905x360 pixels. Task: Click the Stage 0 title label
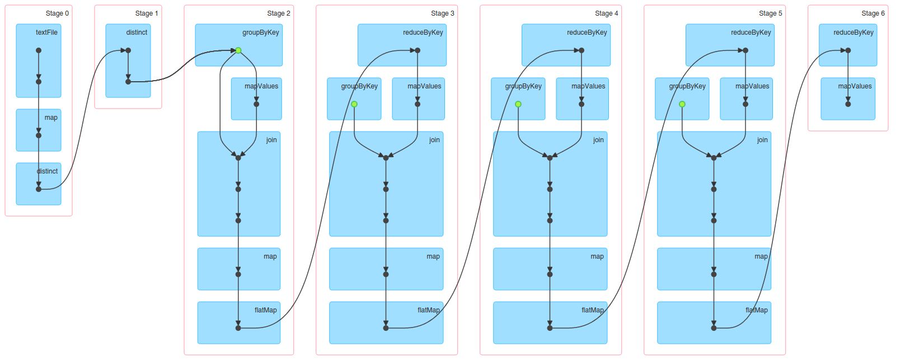(57, 13)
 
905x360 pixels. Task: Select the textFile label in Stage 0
(46, 32)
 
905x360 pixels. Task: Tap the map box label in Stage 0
(51, 118)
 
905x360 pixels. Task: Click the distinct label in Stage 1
(137, 32)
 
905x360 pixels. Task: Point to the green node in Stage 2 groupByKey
(238, 50)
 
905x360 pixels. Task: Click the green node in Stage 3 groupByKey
(354, 104)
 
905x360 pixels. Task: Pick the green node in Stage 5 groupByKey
(682, 104)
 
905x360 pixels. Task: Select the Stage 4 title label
(606, 13)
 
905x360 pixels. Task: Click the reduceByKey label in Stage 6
(853, 32)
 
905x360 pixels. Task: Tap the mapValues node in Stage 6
(848, 104)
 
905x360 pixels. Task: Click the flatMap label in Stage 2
(265, 310)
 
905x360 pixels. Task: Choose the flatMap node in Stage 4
(550, 328)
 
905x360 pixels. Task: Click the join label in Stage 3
(434, 140)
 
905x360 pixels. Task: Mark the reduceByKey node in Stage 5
(745, 50)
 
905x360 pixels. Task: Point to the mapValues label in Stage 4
(588, 86)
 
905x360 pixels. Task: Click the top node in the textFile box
(39, 50)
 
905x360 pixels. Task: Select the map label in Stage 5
(761, 256)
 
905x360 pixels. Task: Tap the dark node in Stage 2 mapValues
(256, 104)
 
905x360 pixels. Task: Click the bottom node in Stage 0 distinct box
(39, 189)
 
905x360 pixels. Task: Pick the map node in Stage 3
(386, 274)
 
